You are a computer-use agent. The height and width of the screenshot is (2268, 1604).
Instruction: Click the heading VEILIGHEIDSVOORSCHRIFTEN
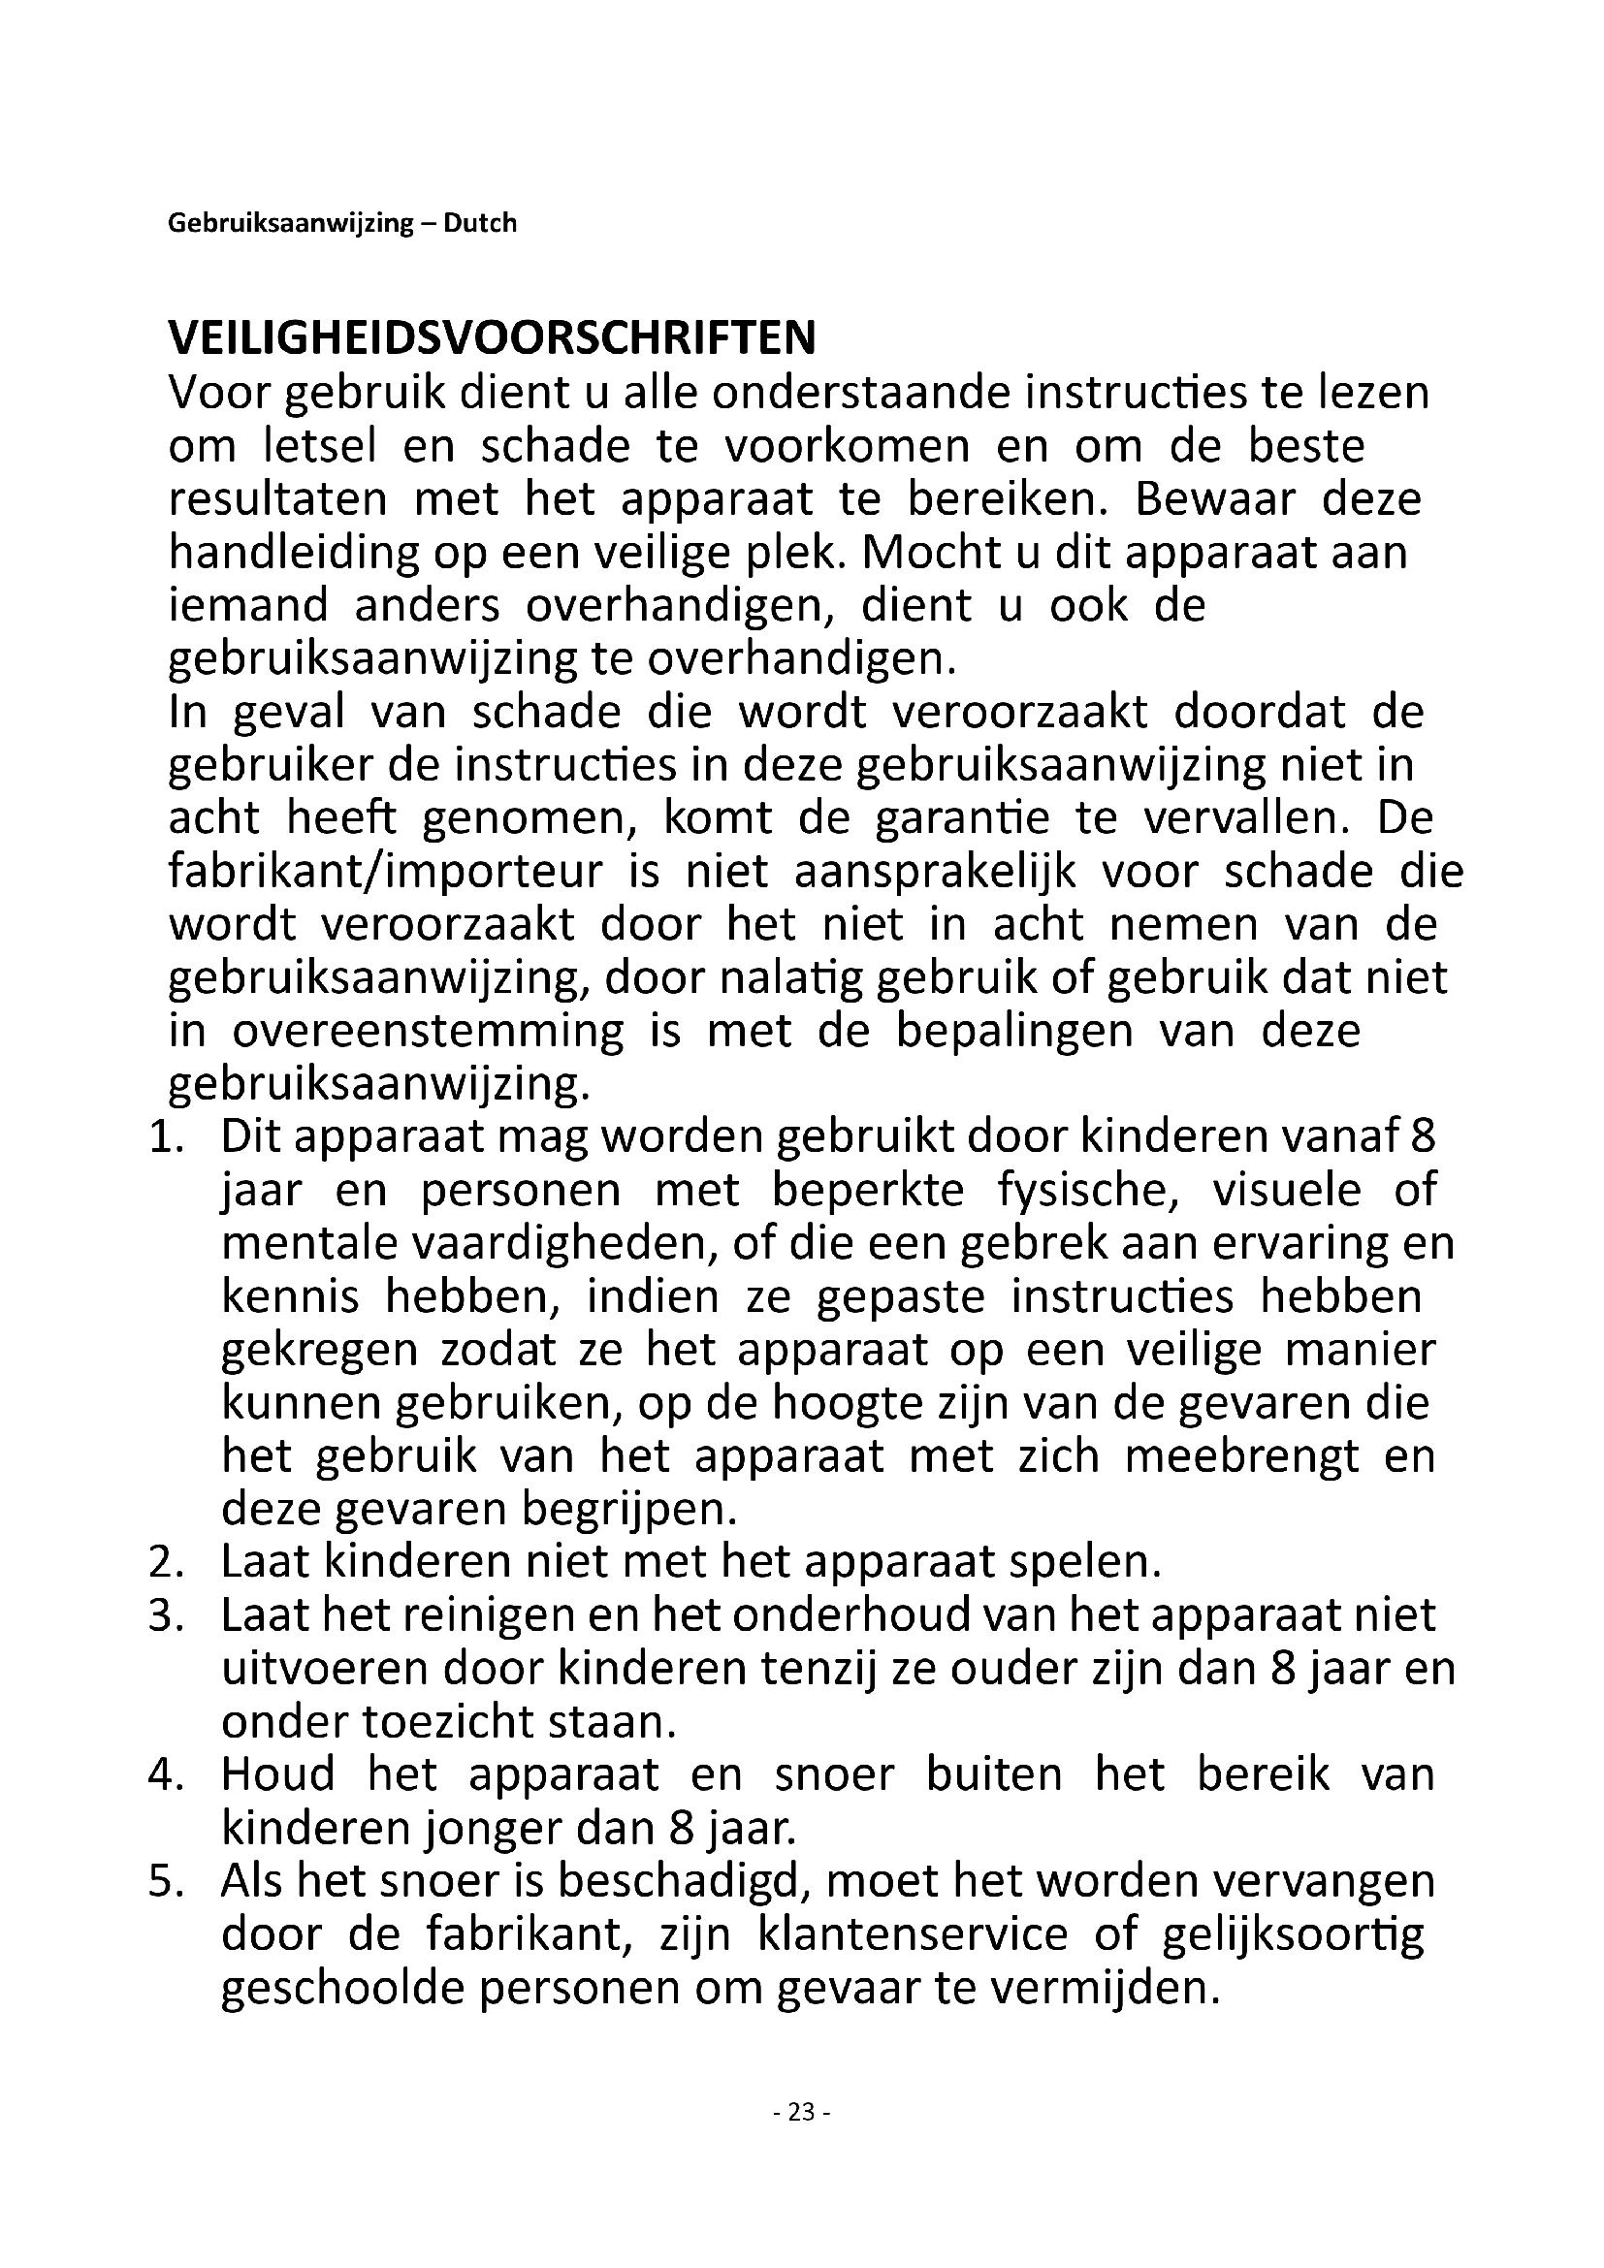click(x=492, y=338)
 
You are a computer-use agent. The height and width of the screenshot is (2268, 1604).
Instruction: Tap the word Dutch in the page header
click(x=479, y=223)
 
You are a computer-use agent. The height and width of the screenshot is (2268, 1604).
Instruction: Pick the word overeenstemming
click(x=428, y=1032)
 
